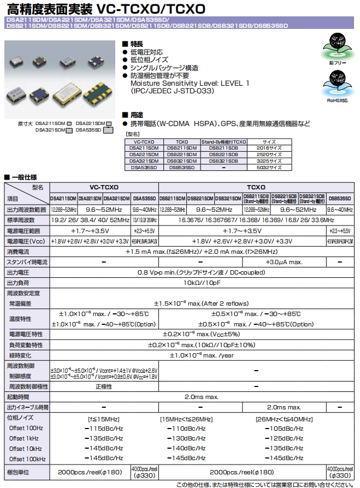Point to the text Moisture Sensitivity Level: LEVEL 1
tap(190, 83)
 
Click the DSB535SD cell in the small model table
tap(182, 168)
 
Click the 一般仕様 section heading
tap(22, 177)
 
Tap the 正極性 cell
tap(104, 386)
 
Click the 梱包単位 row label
tap(21, 471)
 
